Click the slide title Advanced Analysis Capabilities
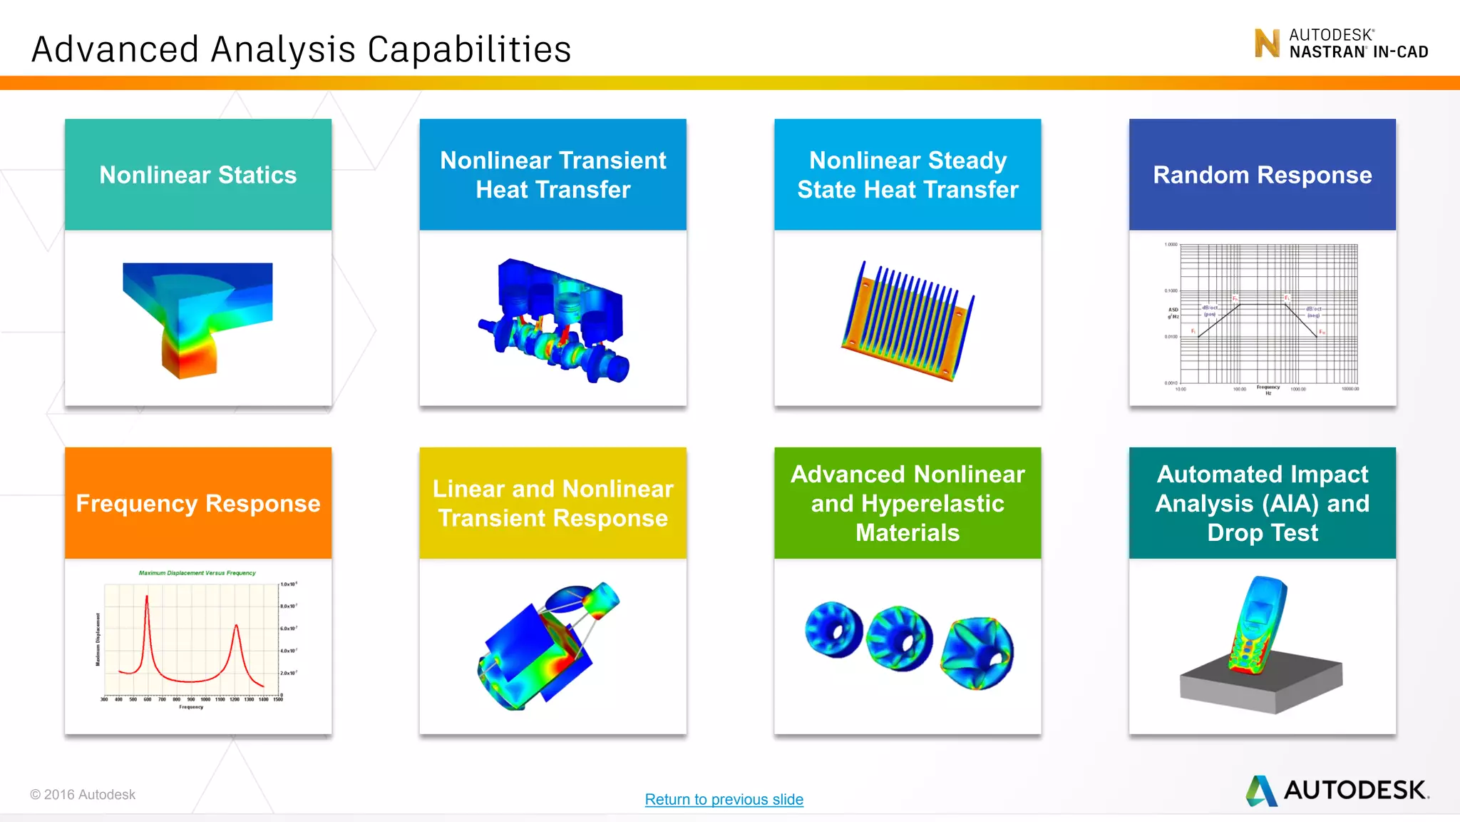coord(301,49)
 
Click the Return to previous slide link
coord(724,799)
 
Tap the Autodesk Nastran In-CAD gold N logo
coord(1267,44)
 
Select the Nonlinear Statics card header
coord(197,175)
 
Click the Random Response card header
coord(1262,175)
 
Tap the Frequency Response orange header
coord(197,503)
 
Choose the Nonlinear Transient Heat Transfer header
coord(552,175)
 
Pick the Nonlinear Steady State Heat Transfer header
coord(908,175)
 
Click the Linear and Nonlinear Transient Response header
coord(552,503)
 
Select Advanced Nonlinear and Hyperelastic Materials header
coord(908,503)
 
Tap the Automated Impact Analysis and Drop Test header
coord(1262,503)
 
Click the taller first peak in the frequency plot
coord(147,598)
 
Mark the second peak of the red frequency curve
coord(236,628)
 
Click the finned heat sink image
coord(907,321)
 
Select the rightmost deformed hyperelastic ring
coord(977,652)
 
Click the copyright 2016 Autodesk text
coord(83,794)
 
